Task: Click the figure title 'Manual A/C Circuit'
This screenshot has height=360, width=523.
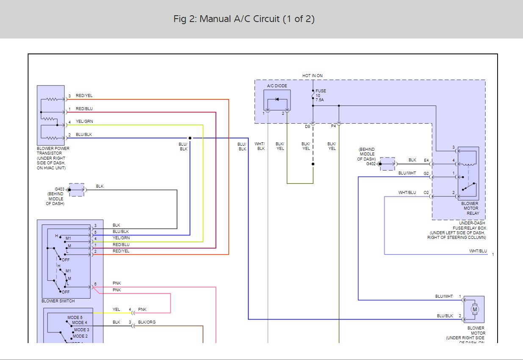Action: (244, 19)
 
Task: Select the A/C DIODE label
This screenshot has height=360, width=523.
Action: (277, 86)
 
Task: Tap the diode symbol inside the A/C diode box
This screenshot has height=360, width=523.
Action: (277, 99)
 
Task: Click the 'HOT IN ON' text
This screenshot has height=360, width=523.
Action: (312, 76)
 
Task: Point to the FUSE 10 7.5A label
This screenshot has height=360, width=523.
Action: (321, 95)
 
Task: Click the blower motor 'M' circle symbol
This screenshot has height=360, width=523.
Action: (475, 309)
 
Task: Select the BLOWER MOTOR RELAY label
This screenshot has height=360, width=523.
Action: (470, 208)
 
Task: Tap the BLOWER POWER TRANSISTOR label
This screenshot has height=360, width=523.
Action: (53, 151)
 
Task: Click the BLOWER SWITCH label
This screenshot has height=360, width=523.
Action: (58, 301)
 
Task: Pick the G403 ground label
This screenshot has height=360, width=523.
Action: (59, 189)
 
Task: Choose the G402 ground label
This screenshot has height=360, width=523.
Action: (371, 163)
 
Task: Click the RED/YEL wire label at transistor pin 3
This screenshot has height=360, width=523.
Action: (84, 96)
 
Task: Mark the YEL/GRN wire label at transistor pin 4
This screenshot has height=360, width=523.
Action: (84, 122)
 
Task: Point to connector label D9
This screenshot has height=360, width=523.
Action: (307, 126)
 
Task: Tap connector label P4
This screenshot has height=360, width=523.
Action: (333, 126)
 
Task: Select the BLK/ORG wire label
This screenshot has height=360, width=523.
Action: (147, 322)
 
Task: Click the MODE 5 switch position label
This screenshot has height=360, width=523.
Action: (75, 317)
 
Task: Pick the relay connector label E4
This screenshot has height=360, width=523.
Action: (426, 161)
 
